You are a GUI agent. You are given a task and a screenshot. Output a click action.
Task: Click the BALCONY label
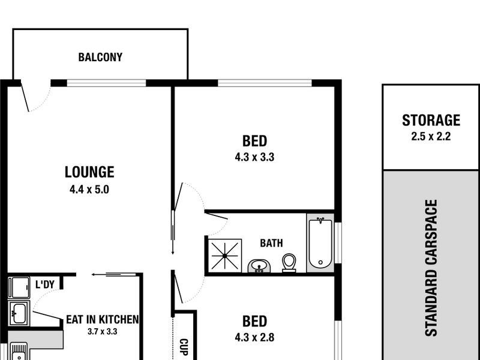click(x=100, y=58)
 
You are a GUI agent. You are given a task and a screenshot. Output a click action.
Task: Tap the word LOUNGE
click(x=89, y=172)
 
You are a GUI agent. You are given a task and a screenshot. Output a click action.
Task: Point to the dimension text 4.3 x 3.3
click(x=254, y=158)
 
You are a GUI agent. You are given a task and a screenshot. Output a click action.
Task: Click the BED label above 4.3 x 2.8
click(x=254, y=321)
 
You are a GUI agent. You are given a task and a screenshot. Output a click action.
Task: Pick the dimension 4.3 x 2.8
click(x=254, y=337)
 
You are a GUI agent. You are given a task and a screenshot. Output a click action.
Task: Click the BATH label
click(x=271, y=244)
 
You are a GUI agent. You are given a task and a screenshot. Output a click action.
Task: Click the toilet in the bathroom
click(x=289, y=262)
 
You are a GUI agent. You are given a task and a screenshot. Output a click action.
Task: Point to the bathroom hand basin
click(x=259, y=265)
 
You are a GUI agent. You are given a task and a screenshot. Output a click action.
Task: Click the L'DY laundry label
click(x=46, y=284)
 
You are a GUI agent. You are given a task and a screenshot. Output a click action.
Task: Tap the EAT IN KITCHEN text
click(x=103, y=319)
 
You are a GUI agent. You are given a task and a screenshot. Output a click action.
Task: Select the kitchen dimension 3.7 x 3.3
click(x=103, y=331)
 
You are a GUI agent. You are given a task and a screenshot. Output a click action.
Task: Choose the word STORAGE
click(x=431, y=121)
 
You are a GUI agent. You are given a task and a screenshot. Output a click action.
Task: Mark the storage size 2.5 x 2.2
click(x=431, y=136)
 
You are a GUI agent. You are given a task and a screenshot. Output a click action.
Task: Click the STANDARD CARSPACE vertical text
click(x=431, y=268)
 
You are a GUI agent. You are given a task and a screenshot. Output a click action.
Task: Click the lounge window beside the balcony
click(x=106, y=83)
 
